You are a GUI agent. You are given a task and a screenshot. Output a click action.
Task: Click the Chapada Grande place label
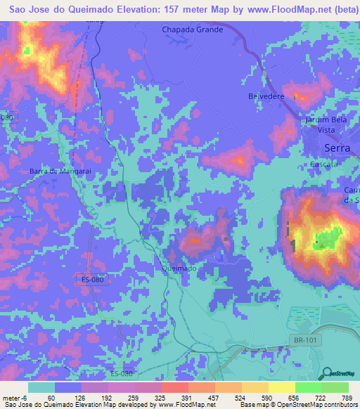tap(192, 30)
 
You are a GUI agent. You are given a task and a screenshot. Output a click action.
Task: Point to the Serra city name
tap(337, 148)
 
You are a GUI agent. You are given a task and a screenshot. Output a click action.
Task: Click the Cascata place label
tap(324, 164)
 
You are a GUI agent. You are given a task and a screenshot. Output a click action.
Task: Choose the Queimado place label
tap(179, 268)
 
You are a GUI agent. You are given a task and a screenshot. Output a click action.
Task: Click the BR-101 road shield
tap(300, 340)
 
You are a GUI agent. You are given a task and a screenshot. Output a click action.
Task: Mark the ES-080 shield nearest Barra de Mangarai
tap(92, 280)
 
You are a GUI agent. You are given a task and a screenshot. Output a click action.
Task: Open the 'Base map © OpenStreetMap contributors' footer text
tap(297, 405)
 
